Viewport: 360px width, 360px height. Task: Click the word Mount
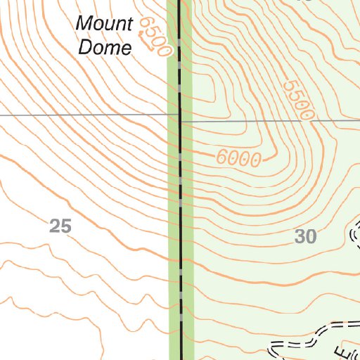[x=104, y=24]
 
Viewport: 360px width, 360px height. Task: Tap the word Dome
[x=105, y=48]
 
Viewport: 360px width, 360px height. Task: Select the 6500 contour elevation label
[x=155, y=36]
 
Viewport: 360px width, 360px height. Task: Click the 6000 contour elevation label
[x=239, y=159]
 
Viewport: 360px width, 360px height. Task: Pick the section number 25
[x=60, y=226]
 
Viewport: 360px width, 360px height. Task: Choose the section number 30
[x=305, y=238]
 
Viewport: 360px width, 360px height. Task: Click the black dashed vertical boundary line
[x=180, y=211]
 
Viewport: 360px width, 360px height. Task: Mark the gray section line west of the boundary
[x=84, y=115]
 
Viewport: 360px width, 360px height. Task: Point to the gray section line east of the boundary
[x=274, y=121]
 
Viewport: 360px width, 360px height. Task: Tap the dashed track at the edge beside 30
[x=354, y=236]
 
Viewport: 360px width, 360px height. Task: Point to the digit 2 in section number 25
[x=56, y=226]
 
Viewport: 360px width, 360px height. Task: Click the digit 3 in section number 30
[x=300, y=238]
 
